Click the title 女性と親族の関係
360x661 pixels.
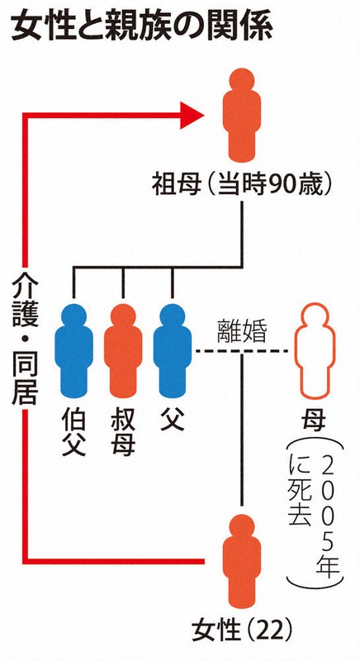pyautogui.click(x=141, y=27)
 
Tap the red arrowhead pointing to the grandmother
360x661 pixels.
pyautogui.click(x=192, y=115)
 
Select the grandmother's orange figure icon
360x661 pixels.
pyautogui.click(x=242, y=115)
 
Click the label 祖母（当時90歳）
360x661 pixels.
pyautogui.click(x=242, y=186)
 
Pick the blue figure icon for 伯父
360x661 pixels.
pyautogui.click(x=73, y=350)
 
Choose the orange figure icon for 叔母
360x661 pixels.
pyautogui.click(x=123, y=350)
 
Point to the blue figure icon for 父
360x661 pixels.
pyautogui.click(x=173, y=350)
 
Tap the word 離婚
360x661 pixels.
pyautogui.click(x=243, y=331)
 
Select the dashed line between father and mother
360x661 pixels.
pyautogui.click(x=239, y=350)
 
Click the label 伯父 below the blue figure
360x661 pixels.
pyautogui.click(x=73, y=430)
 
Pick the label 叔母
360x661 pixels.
pyautogui.click(x=123, y=430)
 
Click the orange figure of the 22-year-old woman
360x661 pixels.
pyautogui.click(x=242, y=561)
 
